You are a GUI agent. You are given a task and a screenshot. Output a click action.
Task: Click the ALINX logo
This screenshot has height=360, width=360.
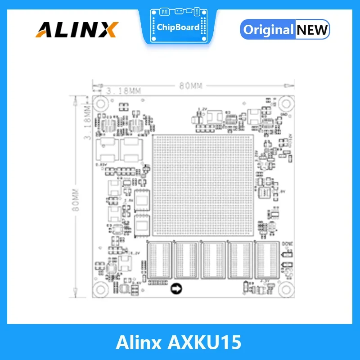(76, 30)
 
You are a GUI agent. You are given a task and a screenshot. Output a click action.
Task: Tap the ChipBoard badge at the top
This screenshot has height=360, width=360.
(178, 26)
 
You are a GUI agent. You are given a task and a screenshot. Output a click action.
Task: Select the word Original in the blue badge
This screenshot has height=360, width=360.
(268, 30)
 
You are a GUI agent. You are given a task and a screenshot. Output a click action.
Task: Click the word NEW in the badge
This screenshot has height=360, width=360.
(312, 30)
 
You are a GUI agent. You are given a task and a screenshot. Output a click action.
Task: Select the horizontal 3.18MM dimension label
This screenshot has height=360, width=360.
(124, 91)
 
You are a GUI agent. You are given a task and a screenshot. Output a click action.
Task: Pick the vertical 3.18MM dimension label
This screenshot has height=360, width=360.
(88, 121)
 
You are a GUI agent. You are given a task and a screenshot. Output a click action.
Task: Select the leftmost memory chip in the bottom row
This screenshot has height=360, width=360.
(159, 260)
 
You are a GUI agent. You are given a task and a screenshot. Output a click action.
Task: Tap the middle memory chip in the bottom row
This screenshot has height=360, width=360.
(213, 260)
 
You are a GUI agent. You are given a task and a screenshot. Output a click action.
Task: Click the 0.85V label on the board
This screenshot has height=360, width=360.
(101, 165)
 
